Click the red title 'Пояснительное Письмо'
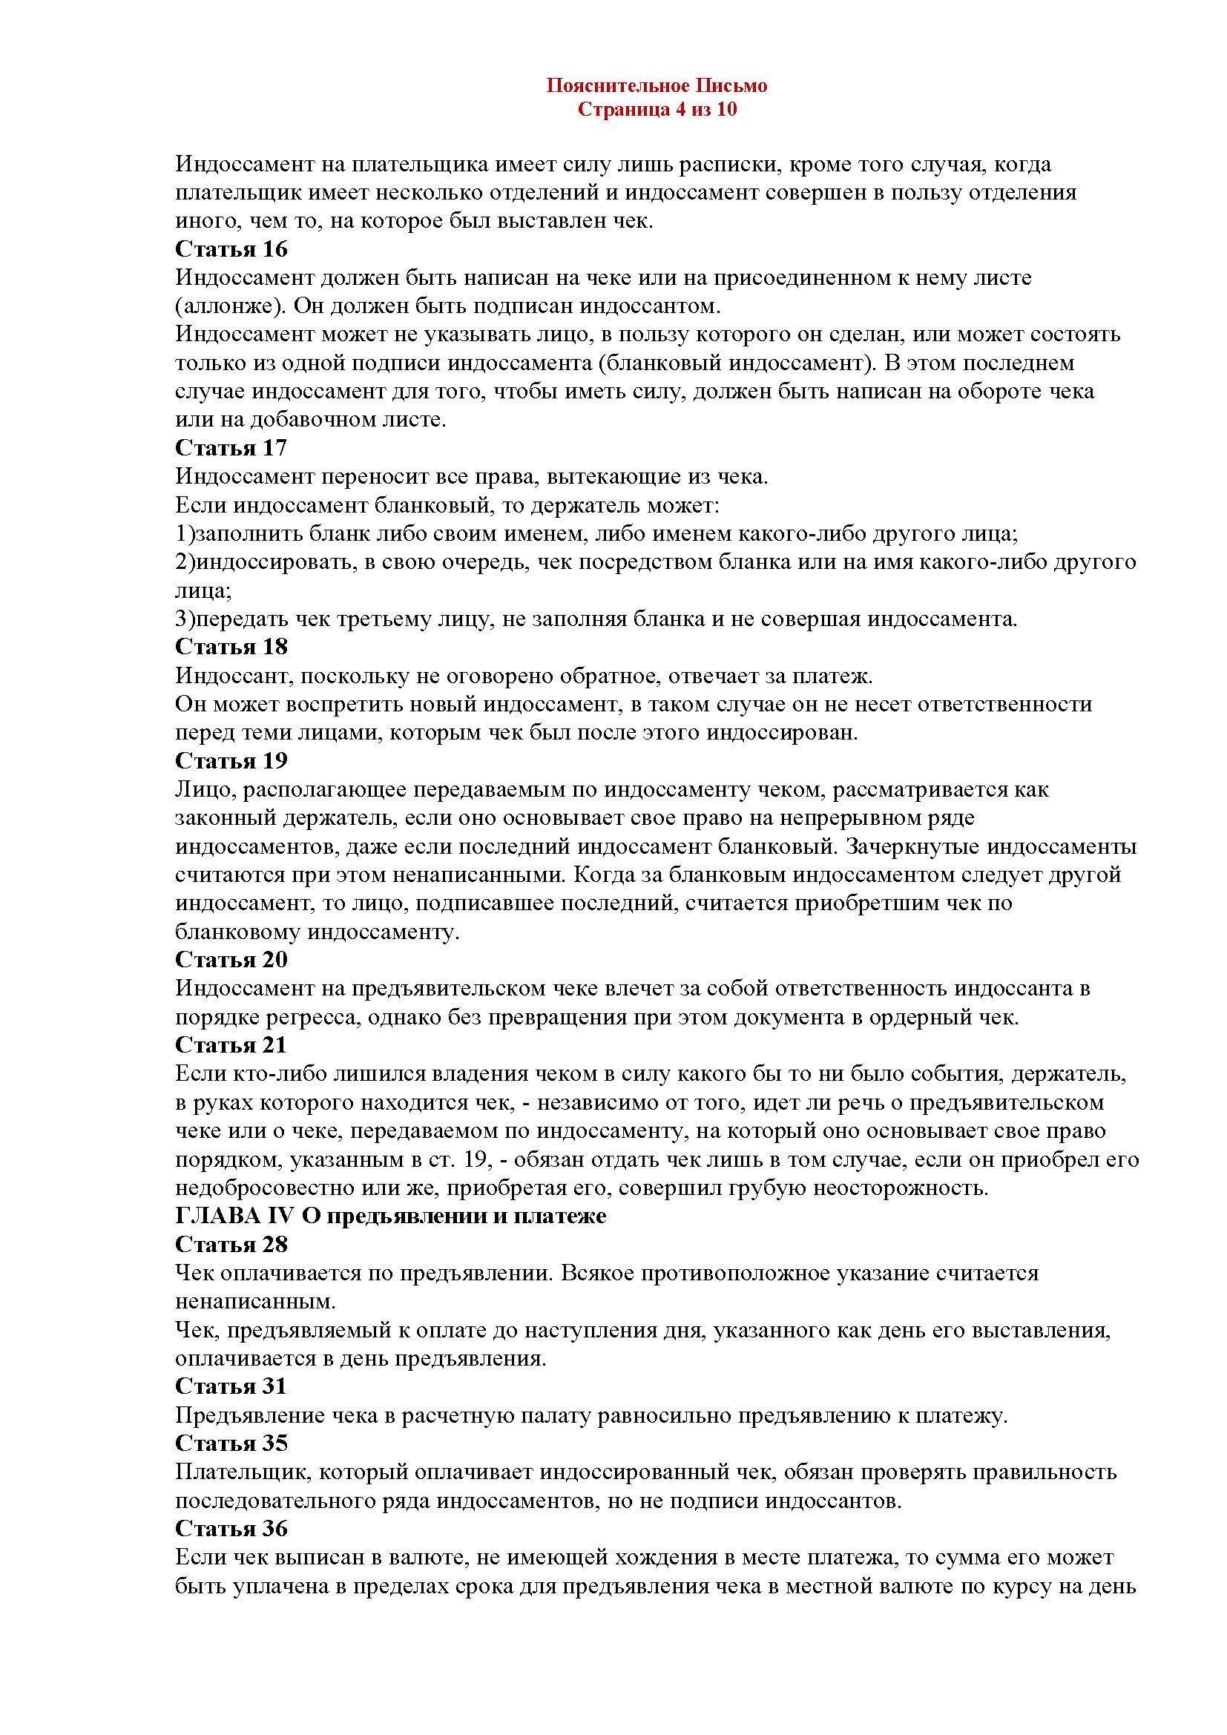tap(657, 86)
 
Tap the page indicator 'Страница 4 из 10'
tap(657, 111)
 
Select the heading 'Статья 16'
tap(231, 248)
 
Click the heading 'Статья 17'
tap(231, 448)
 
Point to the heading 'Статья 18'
tap(231, 647)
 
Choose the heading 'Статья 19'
tap(231, 760)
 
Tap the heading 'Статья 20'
tap(231, 960)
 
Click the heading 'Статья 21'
tap(231, 1045)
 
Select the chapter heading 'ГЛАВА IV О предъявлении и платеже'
tap(391, 1217)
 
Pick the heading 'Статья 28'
tap(231, 1245)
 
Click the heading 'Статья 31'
tap(231, 1386)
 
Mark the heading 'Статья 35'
tap(231, 1443)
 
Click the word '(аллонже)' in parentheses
tap(228, 306)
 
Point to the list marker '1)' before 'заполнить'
tap(185, 534)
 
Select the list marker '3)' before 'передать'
tap(185, 619)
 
